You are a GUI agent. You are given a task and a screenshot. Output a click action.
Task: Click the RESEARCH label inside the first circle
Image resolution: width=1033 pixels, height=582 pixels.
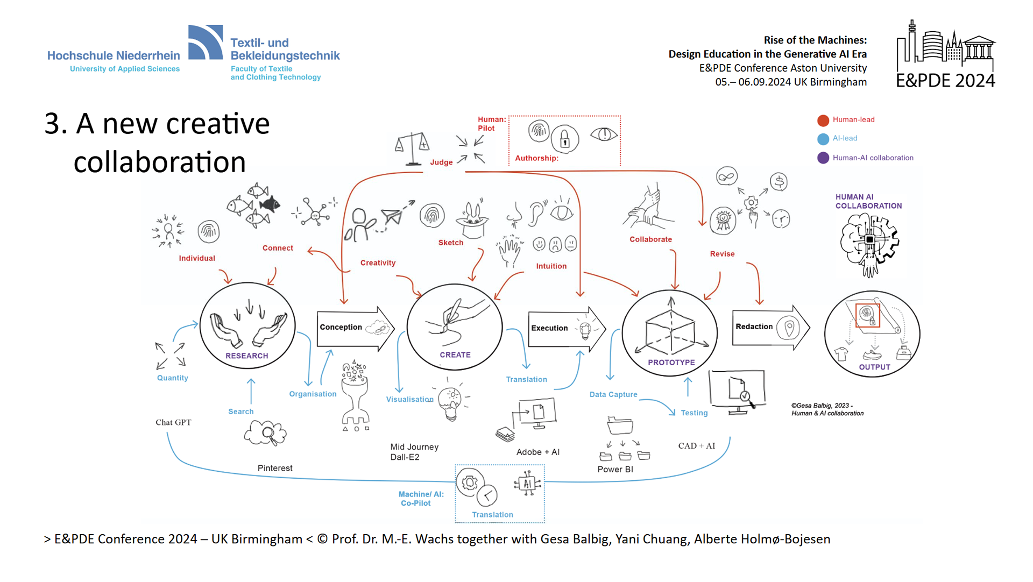246,356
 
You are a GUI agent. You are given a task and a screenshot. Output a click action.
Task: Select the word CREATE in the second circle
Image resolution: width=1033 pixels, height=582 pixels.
455,355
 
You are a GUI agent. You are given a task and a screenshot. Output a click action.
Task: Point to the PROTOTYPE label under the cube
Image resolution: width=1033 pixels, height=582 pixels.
671,363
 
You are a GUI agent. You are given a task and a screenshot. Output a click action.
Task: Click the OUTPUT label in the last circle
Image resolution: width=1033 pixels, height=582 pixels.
874,367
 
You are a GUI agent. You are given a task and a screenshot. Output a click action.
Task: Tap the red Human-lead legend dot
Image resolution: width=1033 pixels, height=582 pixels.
823,120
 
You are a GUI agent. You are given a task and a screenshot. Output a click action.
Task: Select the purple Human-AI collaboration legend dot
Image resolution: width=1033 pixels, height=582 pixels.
823,158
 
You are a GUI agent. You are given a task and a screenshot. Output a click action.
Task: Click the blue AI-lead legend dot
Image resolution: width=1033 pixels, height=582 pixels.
823,139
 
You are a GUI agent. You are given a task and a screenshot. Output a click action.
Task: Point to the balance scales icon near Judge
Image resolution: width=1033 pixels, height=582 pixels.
412,148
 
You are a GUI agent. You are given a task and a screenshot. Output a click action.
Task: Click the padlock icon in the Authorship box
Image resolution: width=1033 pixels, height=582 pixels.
564,139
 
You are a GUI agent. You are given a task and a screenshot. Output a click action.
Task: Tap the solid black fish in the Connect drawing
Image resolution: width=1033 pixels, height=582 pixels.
270,204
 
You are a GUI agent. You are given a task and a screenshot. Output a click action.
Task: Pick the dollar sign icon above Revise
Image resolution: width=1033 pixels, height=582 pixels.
779,182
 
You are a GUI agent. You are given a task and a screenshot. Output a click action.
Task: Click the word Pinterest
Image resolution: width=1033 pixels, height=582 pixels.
275,469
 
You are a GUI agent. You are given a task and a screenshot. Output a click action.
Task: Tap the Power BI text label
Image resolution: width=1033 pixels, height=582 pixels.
615,470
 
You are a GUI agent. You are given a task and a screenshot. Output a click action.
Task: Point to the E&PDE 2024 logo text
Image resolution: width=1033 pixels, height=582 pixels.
945,81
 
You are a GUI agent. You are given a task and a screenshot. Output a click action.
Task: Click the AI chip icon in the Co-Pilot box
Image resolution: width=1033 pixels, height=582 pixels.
527,484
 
